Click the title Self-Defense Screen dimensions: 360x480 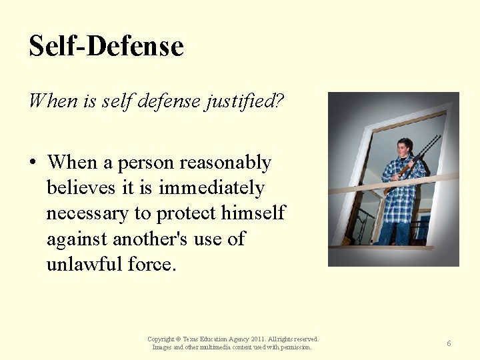pyautogui.click(x=106, y=47)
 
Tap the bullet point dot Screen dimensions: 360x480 pyautogui.click(x=33, y=163)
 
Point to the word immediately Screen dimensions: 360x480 pyautogui.click(x=211, y=189)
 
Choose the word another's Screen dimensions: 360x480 pyautogui.click(x=153, y=239)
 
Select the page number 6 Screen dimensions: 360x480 pyautogui.click(x=449, y=343)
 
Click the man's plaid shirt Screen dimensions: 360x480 pyautogui.click(x=401, y=193)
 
